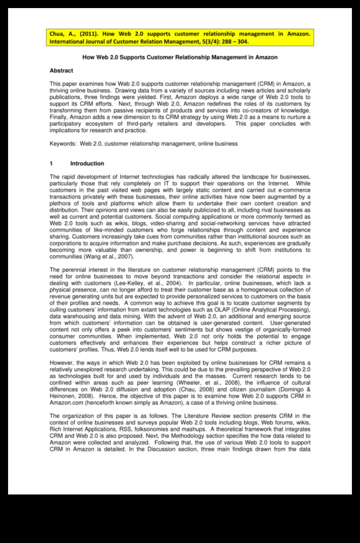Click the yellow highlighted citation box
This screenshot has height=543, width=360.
click(x=180, y=38)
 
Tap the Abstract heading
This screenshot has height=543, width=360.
click(x=61, y=71)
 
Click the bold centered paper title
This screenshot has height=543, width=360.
click(x=180, y=57)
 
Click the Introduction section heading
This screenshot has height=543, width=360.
click(x=87, y=164)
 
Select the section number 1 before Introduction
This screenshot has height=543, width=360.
click(x=51, y=164)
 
